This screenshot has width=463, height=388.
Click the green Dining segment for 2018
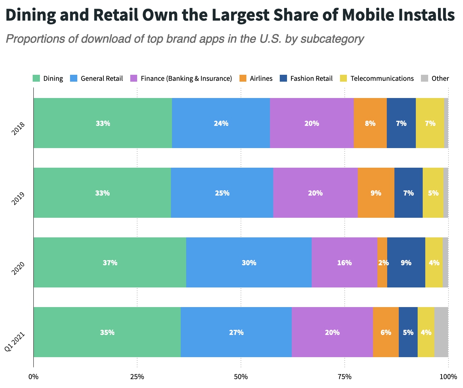(103, 123)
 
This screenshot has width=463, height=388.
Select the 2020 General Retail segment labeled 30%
(249, 262)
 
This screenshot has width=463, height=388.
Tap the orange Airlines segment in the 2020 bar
(382, 262)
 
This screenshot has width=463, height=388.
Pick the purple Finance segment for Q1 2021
(332, 332)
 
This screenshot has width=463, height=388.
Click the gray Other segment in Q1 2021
(441, 332)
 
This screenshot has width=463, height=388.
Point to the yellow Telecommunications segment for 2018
(430, 123)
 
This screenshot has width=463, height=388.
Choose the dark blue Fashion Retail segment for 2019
(409, 193)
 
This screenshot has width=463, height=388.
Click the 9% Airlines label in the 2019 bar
(376, 193)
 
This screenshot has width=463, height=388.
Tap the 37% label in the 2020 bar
(110, 263)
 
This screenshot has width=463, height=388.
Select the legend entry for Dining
(48, 78)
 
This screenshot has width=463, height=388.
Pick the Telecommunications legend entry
(377, 78)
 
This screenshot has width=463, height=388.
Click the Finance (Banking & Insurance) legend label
(186, 78)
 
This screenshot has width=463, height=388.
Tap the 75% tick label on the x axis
(344, 377)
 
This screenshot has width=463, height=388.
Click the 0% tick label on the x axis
(33, 377)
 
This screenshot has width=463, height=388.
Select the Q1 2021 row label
(15, 341)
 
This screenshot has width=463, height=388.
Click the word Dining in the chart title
(31, 15)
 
